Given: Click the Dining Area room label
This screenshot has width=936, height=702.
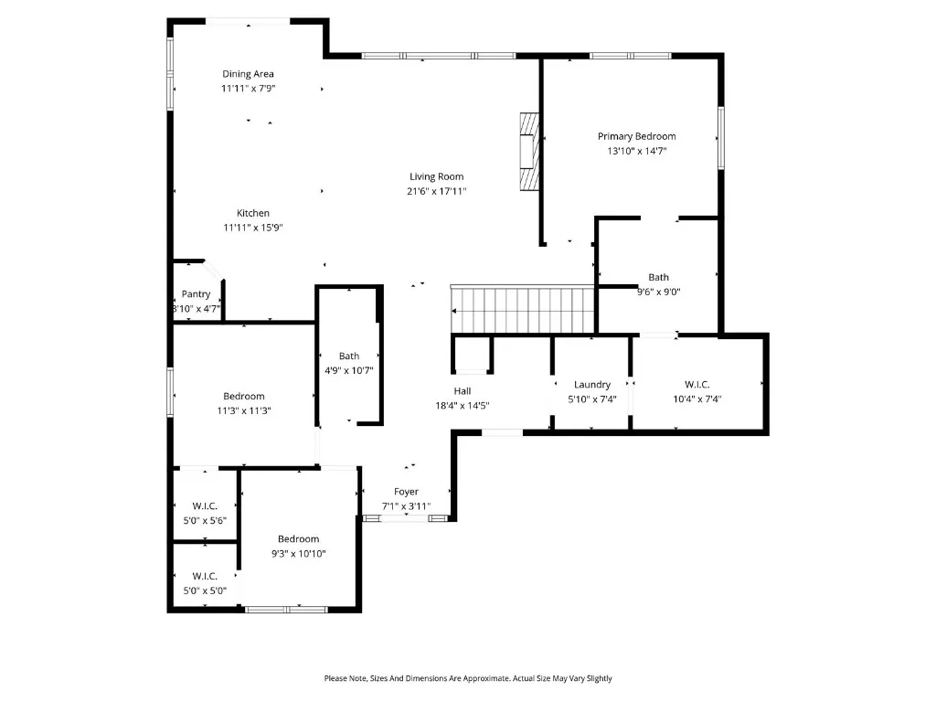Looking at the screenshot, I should click(x=248, y=74).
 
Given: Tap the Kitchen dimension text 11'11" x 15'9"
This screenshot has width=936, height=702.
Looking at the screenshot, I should click(x=253, y=228).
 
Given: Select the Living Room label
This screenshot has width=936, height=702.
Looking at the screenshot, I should click(x=436, y=176).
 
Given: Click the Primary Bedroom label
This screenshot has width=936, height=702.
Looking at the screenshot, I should click(x=637, y=136).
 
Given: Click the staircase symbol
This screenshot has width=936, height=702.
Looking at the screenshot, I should click(x=524, y=310).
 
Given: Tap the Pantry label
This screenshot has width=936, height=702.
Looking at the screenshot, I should click(x=196, y=294).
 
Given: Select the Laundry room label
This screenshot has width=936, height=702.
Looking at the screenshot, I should click(x=592, y=385).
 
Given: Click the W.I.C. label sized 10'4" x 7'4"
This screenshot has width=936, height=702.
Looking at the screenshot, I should click(x=697, y=385).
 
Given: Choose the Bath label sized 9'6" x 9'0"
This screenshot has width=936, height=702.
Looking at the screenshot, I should click(x=658, y=277).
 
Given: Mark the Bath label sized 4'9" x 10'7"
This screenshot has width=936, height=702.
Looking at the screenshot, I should click(x=349, y=356).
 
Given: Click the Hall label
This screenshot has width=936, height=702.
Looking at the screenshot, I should click(x=463, y=390).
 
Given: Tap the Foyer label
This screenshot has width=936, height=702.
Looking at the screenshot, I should click(x=406, y=492).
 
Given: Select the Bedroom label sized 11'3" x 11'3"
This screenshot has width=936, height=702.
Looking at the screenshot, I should click(x=244, y=396).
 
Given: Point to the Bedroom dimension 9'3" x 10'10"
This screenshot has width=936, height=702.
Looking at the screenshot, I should click(x=299, y=553).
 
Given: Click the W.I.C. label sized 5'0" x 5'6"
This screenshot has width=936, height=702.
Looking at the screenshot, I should click(x=205, y=505).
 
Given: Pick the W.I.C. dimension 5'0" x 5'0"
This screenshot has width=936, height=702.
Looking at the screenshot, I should click(x=205, y=590).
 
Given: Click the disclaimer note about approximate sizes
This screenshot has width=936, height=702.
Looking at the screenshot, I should click(x=468, y=678).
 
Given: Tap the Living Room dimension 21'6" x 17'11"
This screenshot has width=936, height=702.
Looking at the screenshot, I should click(x=436, y=191).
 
